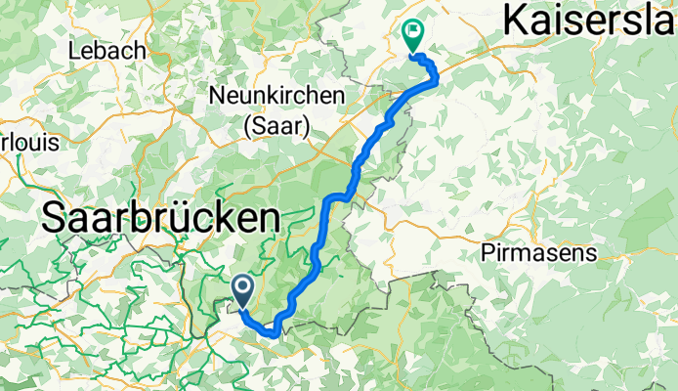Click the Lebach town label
tap(107, 50)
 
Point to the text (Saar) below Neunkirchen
tap(276, 125)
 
